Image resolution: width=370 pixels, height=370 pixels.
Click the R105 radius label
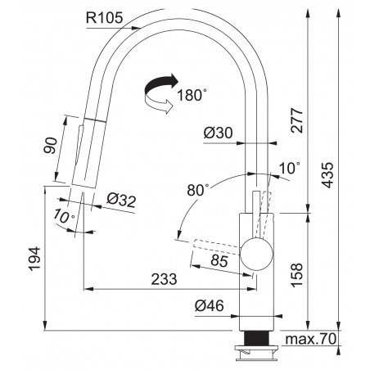point(105,18)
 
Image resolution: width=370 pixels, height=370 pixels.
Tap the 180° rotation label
point(192,95)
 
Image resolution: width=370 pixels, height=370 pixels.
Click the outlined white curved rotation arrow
point(159,105)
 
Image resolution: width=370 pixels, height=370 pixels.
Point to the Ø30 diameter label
point(219,133)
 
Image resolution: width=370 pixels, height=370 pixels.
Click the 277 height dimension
point(296,120)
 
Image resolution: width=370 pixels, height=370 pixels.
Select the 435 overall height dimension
point(327,175)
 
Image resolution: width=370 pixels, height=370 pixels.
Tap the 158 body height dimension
point(296,275)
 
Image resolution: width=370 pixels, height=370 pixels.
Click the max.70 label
point(310,339)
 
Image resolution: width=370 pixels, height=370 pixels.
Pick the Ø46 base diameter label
point(210,305)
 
